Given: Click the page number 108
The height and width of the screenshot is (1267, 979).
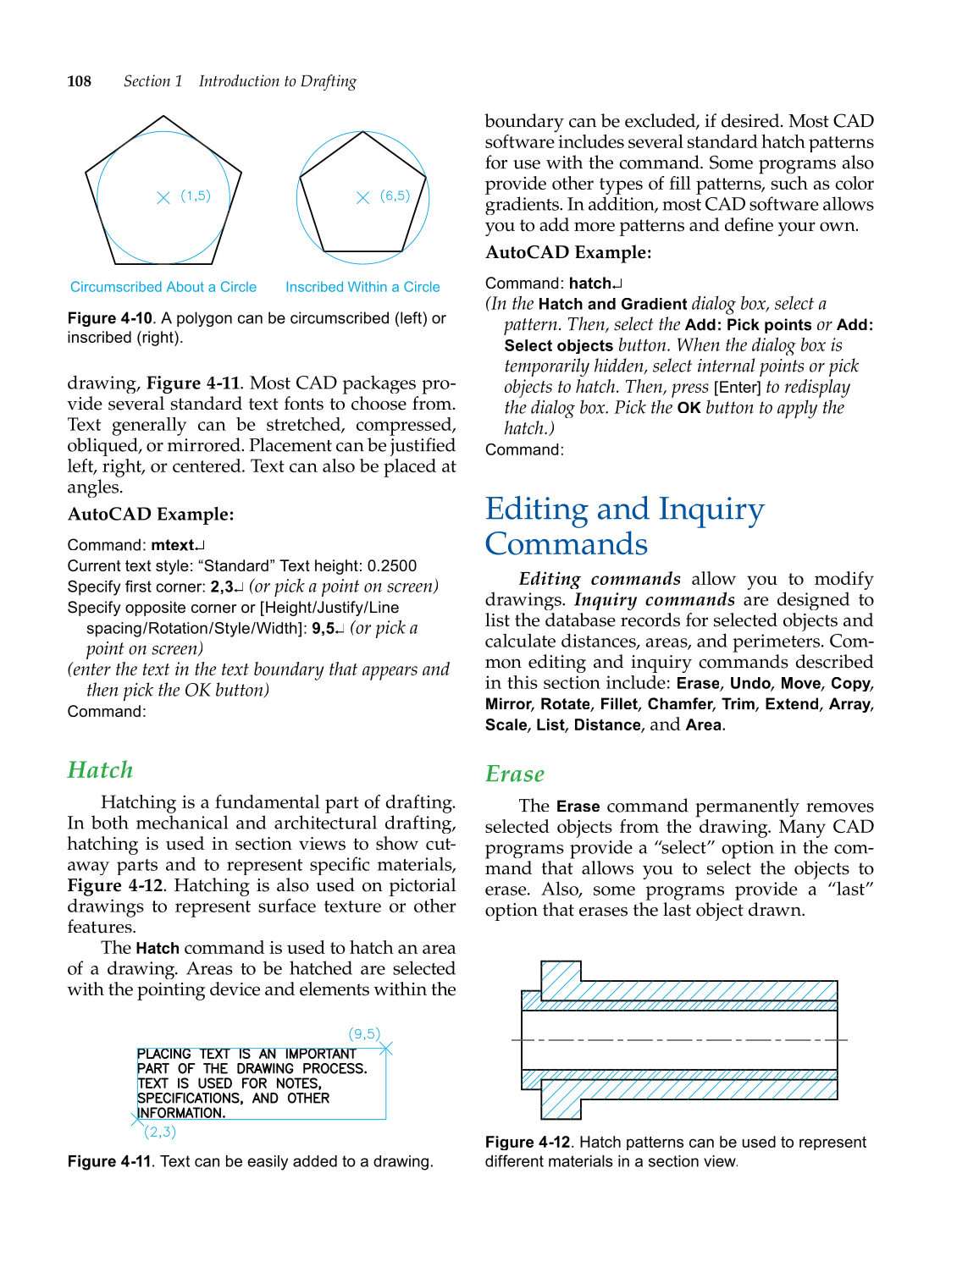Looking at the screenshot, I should pos(79,81).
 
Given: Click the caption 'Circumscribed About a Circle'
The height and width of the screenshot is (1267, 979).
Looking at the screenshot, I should pos(163,287).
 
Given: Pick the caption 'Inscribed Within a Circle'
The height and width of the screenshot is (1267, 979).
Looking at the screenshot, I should pos(362,287).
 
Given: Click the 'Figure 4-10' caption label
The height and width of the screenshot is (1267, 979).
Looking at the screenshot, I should pos(109,318).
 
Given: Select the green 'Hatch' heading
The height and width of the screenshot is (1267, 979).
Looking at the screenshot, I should pos(100,769).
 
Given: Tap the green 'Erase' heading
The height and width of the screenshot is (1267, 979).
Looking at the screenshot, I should pos(514,774).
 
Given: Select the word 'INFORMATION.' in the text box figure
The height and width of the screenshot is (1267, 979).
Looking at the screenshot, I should pos(181,1113).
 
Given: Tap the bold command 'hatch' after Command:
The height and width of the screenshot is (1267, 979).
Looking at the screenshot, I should pos(589,284).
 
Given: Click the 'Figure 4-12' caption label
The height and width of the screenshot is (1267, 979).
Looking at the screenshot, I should pos(527,1143).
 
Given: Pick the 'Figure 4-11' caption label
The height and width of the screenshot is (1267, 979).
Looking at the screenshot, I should pos(109,1162).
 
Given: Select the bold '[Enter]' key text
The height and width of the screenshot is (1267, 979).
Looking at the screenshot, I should pos(738,388).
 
